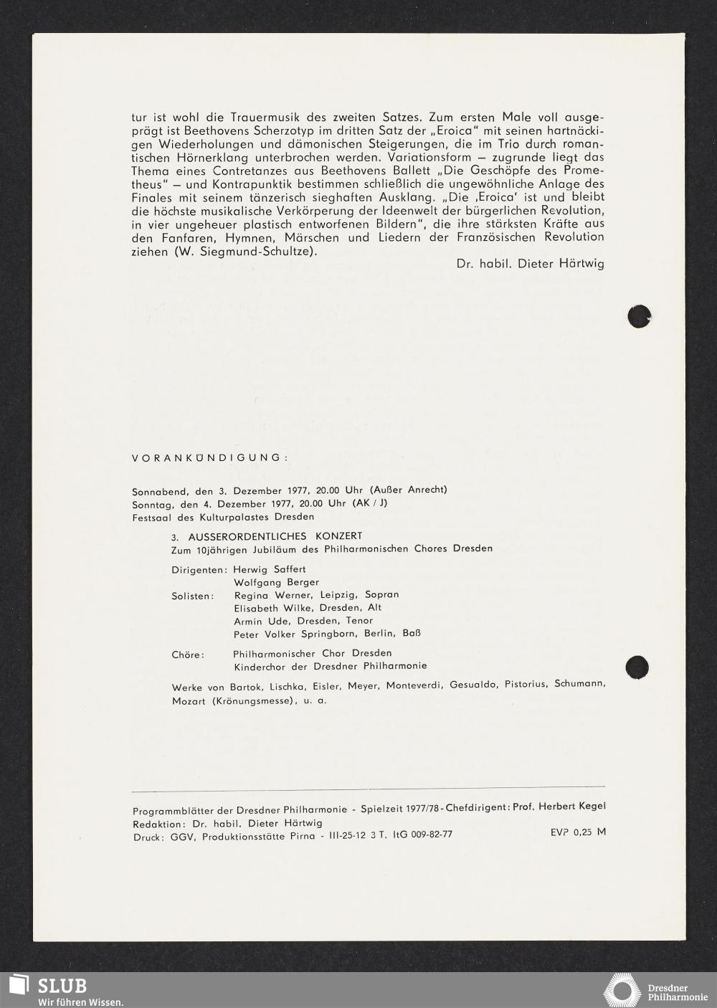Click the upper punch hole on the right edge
click(x=639, y=316)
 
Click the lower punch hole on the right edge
click(x=637, y=667)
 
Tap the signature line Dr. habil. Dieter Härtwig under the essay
click(x=530, y=264)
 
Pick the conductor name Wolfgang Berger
click(x=276, y=582)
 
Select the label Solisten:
click(x=193, y=596)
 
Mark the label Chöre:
click(x=188, y=655)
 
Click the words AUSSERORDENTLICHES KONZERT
click(x=275, y=536)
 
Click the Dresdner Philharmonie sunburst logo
click(x=622, y=990)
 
